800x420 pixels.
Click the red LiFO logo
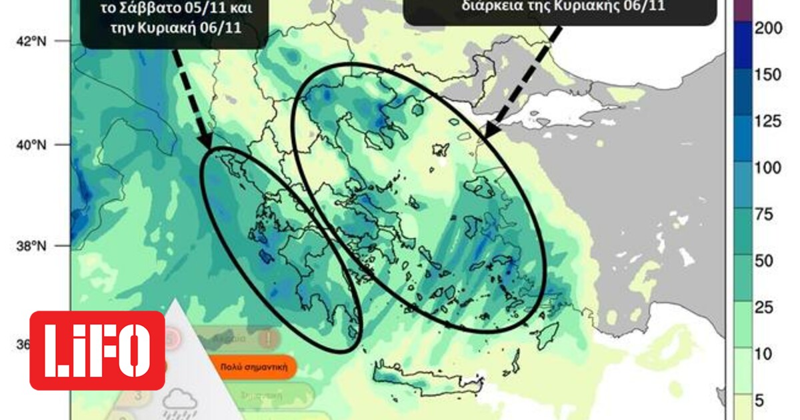97,350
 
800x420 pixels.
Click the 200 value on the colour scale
767,28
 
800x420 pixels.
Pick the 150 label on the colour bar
767,75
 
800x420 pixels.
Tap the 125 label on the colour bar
767,121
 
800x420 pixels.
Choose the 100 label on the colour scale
767,167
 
